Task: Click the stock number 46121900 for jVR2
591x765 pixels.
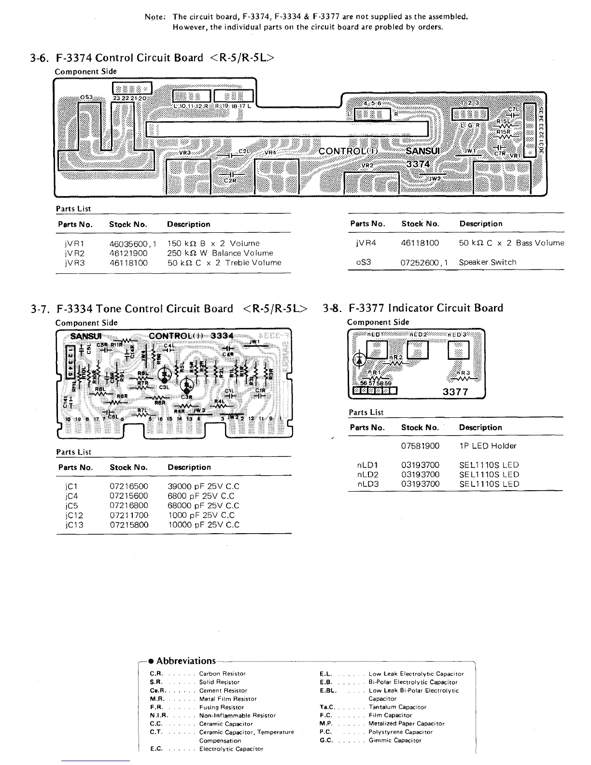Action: coord(128,253)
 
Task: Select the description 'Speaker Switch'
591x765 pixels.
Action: coord(487,262)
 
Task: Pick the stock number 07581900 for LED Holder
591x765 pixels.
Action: coord(420,446)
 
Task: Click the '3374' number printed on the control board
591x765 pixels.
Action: coord(418,164)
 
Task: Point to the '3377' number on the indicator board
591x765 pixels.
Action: coord(455,392)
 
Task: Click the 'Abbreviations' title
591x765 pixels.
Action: coord(186,661)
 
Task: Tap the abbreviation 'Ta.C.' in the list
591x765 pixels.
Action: coord(327,707)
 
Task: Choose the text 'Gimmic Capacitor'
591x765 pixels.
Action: coord(394,740)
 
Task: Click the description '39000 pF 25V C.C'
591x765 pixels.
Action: coord(203,487)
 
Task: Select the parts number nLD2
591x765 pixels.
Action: coord(367,474)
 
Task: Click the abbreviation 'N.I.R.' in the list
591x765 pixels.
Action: coord(159,715)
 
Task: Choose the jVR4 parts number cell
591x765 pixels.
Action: coord(366,243)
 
